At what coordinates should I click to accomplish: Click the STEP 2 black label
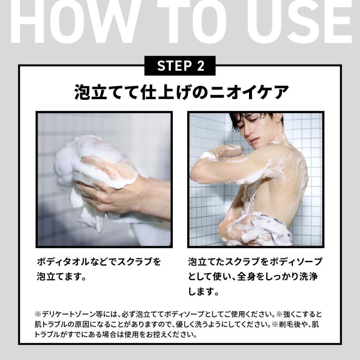click(180, 66)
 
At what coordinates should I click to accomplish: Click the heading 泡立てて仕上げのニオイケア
click(181, 92)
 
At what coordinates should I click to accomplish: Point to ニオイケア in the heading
click(249, 92)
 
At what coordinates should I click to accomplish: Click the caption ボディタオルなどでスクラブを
click(99, 262)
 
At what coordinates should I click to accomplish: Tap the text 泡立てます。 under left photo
click(62, 277)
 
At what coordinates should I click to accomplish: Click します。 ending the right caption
click(204, 292)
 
